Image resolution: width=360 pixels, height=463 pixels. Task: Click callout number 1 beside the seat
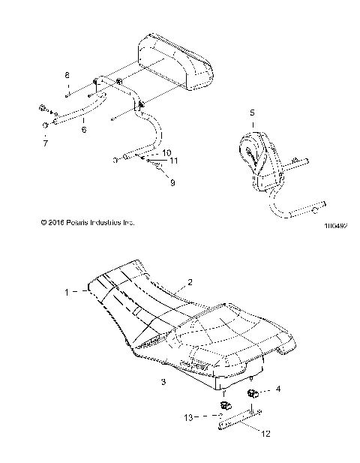(67, 291)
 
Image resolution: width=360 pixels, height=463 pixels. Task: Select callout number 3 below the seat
(163, 382)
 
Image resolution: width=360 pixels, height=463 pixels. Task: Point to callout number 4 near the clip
(278, 389)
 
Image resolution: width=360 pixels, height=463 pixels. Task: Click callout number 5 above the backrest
(251, 113)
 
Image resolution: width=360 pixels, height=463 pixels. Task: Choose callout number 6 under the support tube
(83, 130)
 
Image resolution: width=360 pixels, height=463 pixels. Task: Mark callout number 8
(66, 77)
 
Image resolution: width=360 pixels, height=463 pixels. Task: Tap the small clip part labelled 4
(253, 394)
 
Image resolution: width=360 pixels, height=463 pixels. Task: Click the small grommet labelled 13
(223, 406)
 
